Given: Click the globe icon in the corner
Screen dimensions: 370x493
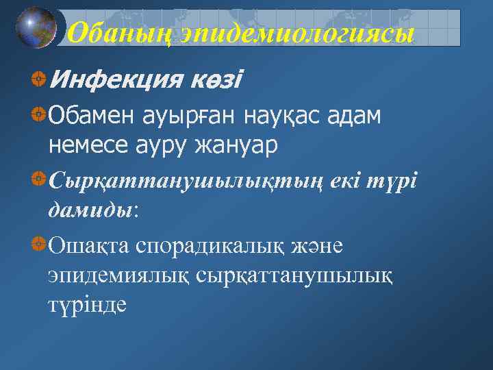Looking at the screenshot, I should tap(36, 27).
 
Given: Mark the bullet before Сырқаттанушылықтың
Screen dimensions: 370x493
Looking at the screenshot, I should tap(39, 179).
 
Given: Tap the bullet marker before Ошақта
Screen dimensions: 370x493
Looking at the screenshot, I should tap(39, 243).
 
